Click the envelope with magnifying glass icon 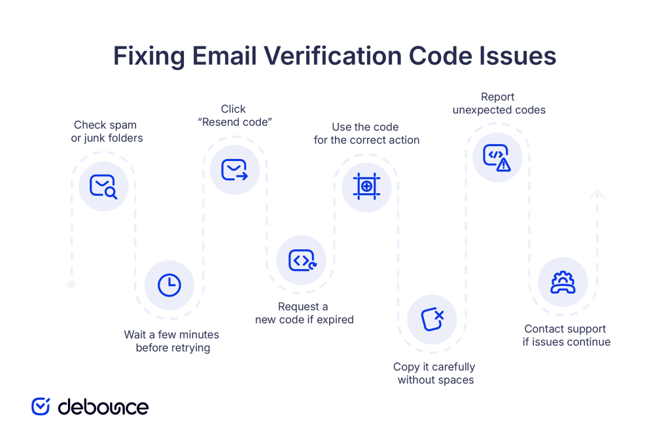point(103,187)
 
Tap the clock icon point(169,285)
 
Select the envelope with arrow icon point(234,170)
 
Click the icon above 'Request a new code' point(301,260)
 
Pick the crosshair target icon point(366,187)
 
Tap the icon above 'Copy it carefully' point(432,319)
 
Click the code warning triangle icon point(497,157)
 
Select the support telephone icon point(563,283)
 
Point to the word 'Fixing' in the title point(149,56)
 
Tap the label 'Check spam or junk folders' point(107,132)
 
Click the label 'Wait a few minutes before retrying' point(172,341)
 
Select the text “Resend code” point(234,122)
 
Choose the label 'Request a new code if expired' point(304,313)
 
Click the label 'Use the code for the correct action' point(366,134)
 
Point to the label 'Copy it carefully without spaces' point(434,373)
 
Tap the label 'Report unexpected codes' point(499,103)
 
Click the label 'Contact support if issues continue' point(566,335)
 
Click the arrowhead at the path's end point(597,194)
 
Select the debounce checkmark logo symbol point(41,406)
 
